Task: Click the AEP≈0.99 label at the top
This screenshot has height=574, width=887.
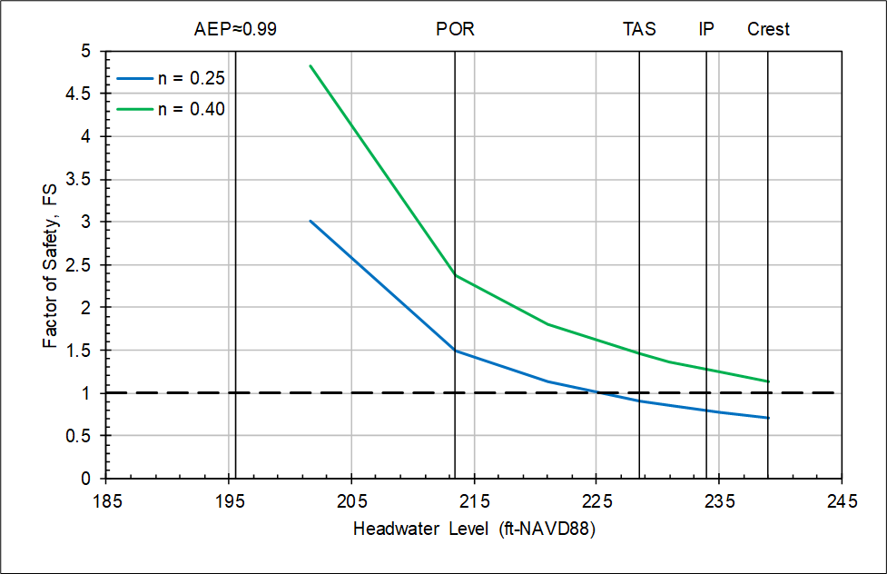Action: (235, 29)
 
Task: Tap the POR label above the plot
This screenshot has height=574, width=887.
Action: (455, 29)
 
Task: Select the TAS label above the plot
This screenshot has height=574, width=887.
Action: (639, 29)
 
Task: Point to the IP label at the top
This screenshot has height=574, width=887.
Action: (706, 29)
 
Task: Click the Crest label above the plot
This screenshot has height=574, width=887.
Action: (768, 29)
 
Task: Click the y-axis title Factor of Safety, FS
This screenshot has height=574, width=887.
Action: (52, 264)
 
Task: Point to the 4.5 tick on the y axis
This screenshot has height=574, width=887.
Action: (88, 94)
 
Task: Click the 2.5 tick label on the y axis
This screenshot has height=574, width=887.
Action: (88, 264)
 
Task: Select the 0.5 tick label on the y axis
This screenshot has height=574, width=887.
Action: (88, 436)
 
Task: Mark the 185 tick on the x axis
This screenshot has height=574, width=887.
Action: (106, 500)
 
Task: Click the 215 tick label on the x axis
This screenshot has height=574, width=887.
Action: (474, 500)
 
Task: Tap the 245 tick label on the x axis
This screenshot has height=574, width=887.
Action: (842, 500)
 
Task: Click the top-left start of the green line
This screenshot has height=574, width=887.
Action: (310, 65)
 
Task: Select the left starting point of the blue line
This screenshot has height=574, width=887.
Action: (310, 221)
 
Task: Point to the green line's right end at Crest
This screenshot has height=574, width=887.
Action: (768, 381)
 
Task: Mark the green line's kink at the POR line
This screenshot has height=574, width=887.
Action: (455, 275)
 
